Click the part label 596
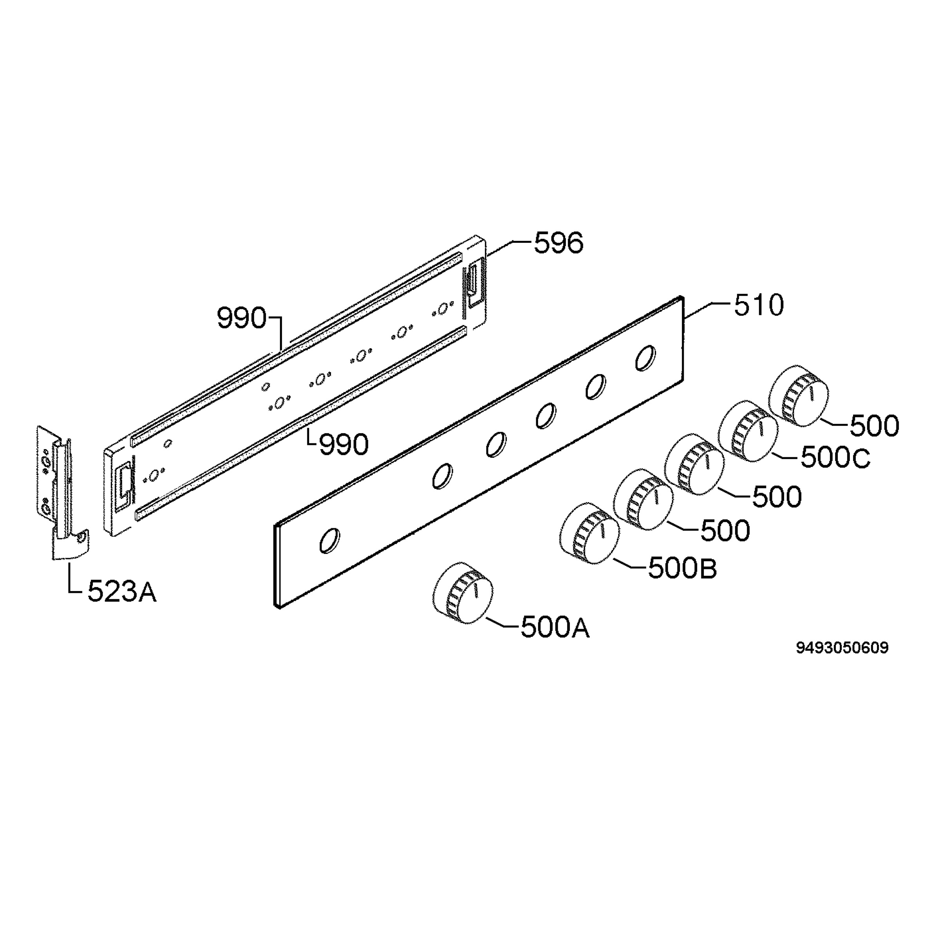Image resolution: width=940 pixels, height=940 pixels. pyautogui.click(x=558, y=243)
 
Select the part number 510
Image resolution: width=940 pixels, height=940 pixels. pyautogui.click(x=759, y=305)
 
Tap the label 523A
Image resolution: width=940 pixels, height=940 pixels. pyautogui.click(x=122, y=592)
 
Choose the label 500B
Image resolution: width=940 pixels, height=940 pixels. pyautogui.click(x=682, y=568)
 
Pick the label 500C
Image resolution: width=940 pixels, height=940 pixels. pyautogui.click(x=835, y=458)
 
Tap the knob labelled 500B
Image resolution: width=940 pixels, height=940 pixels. pyautogui.click(x=590, y=534)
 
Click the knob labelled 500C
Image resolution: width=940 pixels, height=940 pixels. pyautogui.click(x=748, y=431)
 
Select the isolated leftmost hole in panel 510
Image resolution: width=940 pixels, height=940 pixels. pyautogui.click(x=329, y=540)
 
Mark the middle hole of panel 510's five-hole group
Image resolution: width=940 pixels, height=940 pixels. pyautogui.click(x=546, y=416)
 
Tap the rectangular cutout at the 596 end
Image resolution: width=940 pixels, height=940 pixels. pyautogui.click(x=473, y=282)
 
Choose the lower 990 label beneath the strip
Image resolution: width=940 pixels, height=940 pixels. pyautogui.click(x=343, y=444)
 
